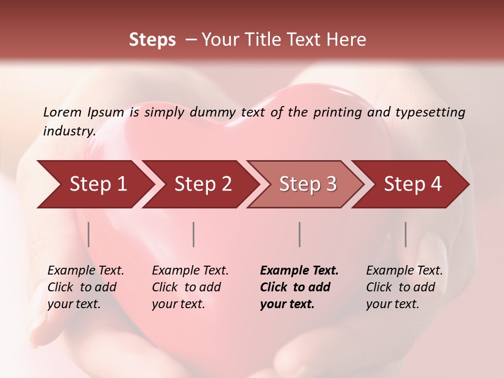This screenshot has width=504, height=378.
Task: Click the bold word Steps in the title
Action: click(x=152, y=40)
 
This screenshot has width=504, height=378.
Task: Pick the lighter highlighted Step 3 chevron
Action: click(x=308, y=184)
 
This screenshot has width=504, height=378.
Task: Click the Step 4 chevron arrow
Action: click(x=413, y=184)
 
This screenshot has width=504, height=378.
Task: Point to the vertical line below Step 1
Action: click(x=89, y=234)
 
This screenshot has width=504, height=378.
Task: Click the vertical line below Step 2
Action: click(x=194, y=234)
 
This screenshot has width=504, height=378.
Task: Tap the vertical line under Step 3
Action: click(x=299, y=234)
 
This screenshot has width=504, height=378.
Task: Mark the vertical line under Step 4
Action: click(x=405, y=234)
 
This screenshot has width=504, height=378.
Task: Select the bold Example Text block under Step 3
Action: click(x=299, y=287)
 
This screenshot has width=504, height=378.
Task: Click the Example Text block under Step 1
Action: click(x=86, y=287)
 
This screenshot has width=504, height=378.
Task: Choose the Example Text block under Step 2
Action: click(x=190, y=287)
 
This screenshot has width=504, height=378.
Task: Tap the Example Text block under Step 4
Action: click(x=404, y=287)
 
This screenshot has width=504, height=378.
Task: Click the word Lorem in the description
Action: click(x=62, y=112)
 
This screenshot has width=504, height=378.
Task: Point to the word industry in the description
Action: click(x=69, y=131)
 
